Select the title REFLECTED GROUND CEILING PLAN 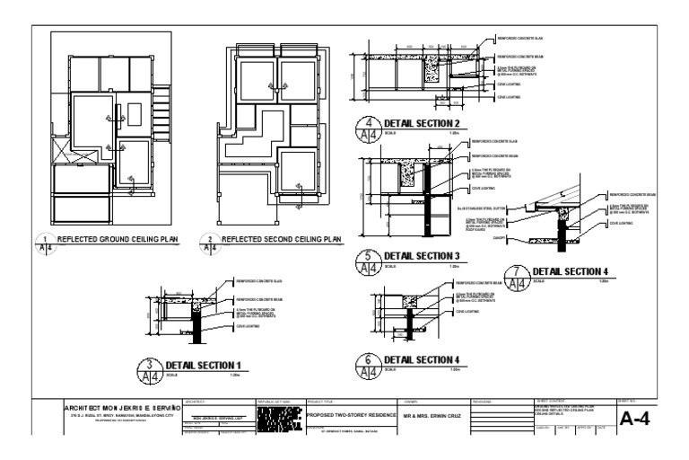pyautogui.click(x=117, y=240)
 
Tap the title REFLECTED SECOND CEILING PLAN pyautogui.click(x=281, y=240)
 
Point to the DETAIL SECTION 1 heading pyautogui.click(x=203, y=365)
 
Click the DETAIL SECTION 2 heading pyautogui.click(x=422, y=123)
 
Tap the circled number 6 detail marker pyautogui.click(x=368, y=362)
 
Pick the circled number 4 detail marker pyautogui.click(x=368, y=128)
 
